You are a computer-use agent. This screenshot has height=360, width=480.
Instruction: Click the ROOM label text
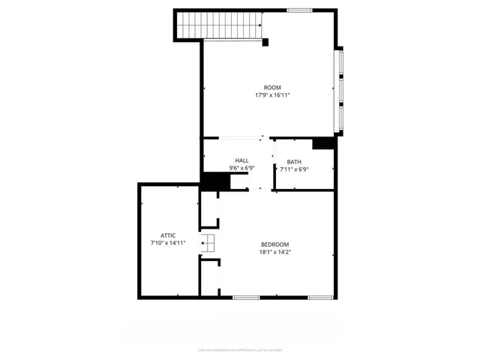click(x=271, y=88)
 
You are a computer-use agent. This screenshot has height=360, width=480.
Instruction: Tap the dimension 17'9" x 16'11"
click(x=271, y=95)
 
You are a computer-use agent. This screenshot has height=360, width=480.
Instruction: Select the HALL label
click(x=241, y=160)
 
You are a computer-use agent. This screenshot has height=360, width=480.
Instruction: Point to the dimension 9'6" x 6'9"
click(x=241, y=169)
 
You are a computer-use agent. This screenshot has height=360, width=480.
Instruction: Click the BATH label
click(x=293, y=162)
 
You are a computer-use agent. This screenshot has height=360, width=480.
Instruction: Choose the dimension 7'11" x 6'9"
click(x=294, y=169)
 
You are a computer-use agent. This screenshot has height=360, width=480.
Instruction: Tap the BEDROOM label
click(x=274, y=244)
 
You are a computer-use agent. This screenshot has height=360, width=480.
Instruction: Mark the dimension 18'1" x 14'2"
click(x=274, y=252)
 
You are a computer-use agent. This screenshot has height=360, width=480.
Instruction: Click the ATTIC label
click(x=168, y=235)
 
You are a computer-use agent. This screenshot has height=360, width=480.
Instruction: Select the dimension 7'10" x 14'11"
click(x=168, y=243)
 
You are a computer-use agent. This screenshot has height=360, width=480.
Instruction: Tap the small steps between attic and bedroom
click(x=208, y=243)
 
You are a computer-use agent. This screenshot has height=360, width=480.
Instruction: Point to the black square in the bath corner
click(x=323, y=142)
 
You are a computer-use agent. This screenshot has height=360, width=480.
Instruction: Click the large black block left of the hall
click(x=216, y=181)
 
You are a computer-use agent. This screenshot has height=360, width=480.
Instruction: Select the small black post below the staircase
click(x=265, y=43)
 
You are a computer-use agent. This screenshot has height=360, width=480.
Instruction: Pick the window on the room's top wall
click(x=299, y=10)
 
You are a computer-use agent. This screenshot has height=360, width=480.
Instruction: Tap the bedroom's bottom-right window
click(x=320, y=298)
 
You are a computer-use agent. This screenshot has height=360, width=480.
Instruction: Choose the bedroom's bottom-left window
click(x=245, y=298)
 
